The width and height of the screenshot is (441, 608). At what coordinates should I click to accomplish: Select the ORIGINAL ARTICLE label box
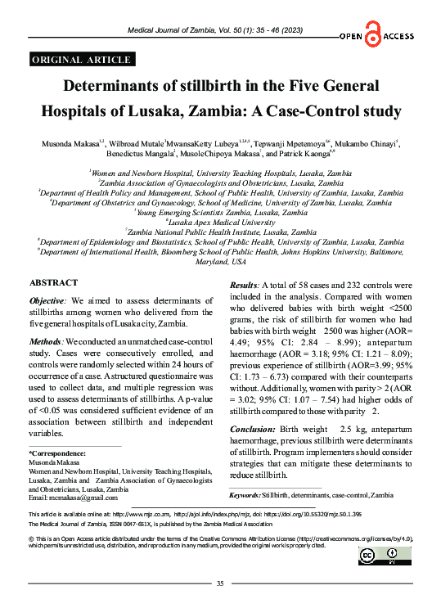click(80, 59)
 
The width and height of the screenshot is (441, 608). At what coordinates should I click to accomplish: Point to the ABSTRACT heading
click(54, 281)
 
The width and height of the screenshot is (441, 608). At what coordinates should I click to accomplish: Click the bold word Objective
click(47, 301)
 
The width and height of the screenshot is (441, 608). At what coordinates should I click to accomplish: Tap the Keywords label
click(245, 496)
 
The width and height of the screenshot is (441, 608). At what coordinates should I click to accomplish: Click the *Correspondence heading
click(57, 453)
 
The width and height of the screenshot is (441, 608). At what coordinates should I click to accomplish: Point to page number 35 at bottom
click(219, 583)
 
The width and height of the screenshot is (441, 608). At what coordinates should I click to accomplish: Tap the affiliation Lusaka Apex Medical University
click(221, 222)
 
